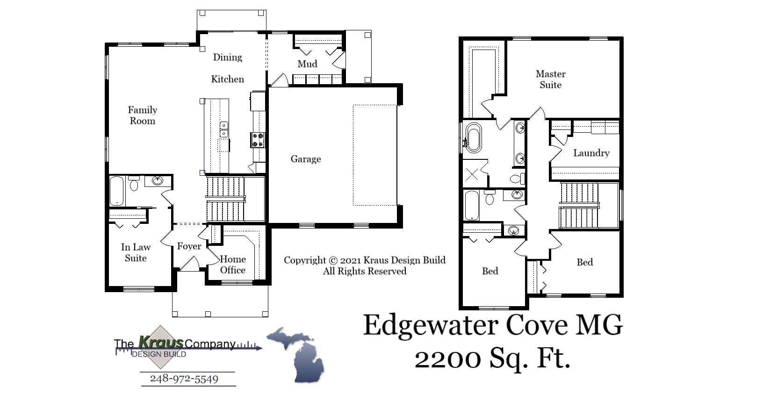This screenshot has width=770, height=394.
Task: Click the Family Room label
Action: point(143,115)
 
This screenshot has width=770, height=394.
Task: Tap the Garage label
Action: point(306,159)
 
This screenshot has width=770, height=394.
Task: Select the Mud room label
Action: point(307,64)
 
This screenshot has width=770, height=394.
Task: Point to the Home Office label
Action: point(233,265)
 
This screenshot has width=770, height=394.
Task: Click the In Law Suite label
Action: point(136,253)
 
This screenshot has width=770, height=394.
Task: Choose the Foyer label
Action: point(189,246)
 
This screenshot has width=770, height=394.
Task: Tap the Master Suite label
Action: point(550,79)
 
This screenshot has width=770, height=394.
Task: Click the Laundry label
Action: point(591,153)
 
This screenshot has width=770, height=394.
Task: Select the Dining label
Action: point(228,57)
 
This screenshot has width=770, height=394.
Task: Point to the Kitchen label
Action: point(228,79)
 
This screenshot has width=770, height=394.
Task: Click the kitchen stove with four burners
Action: point(258,140)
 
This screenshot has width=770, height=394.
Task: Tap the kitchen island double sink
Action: point(224,129)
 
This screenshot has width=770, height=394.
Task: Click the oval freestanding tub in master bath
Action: point(473,137)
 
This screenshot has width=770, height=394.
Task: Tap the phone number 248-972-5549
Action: point(184,379)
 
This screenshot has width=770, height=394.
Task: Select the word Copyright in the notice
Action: point(305,260)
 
